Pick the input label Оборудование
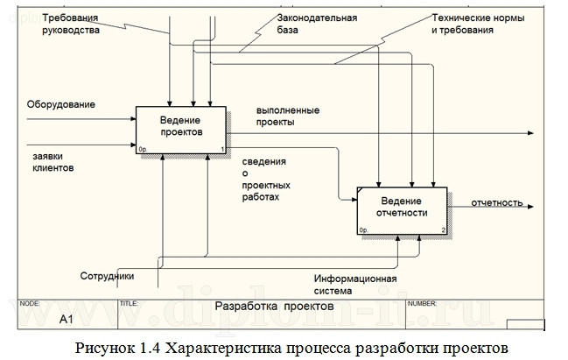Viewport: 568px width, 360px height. coord(61,104)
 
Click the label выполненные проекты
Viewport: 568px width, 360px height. coord(287,116)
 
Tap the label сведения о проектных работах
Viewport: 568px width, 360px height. coord(268,180)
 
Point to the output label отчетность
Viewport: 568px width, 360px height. coord(497,202)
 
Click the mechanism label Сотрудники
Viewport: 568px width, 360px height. coord(108,276)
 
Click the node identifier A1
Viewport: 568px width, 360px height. coord(66,320)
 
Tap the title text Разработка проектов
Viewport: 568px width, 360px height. coord(274,307)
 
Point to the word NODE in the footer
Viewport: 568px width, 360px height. coord(30,302)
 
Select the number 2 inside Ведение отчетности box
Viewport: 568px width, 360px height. coord(444,230)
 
